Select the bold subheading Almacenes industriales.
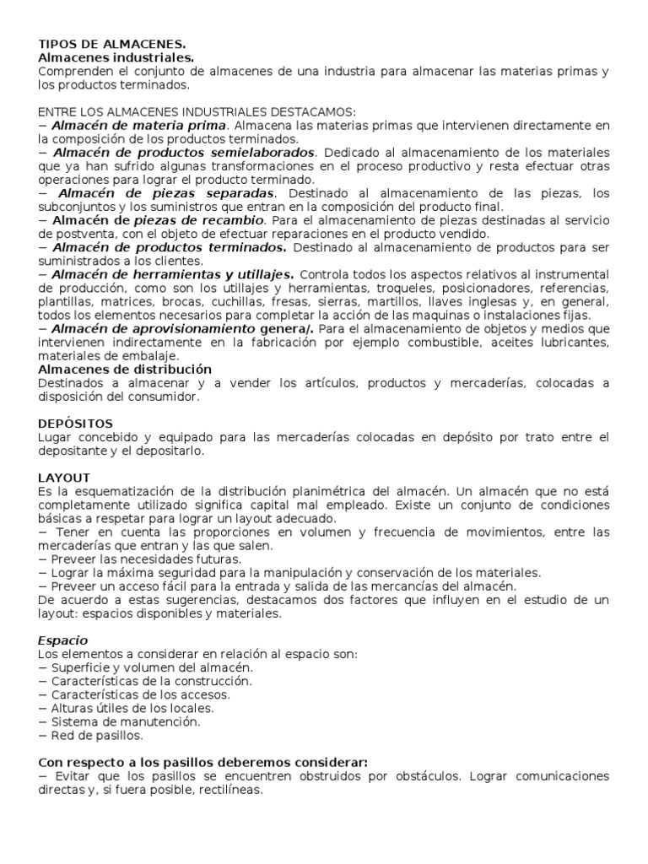[116, 57]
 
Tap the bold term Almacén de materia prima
[139, 125]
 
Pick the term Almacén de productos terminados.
[169, 247]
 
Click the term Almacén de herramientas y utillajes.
[172, 274]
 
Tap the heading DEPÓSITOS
[76, 423]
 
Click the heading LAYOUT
[64, 477]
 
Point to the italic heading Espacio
[63, 640]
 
